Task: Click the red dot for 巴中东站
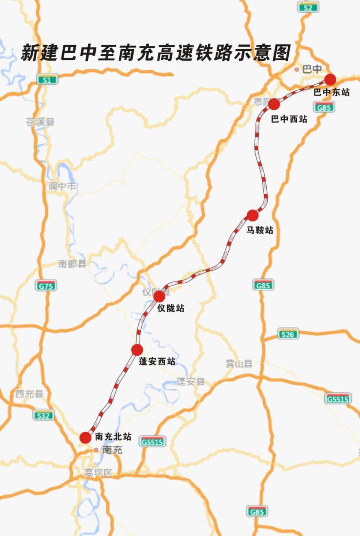(x=330, y=80)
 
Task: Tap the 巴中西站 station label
(x=289, y=119)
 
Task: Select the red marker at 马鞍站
(x=252, y=216)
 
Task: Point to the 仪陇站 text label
(x=171, y=308)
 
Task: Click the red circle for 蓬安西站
(x=137, y=350)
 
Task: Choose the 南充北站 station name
(x=113, y=437)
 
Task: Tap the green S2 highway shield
(x=308, y=7)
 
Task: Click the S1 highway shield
(x=47, y=79)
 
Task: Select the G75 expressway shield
(x=46, y=286)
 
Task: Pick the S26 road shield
(x=288, y=334)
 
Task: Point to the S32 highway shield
(x=43, y=415)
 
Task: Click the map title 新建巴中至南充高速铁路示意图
(x=156, y=53)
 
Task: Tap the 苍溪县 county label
(x=40, y=122)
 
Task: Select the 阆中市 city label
(x=62, y=186)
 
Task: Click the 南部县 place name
(x=72, y=264)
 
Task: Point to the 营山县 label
(x=239, y=364)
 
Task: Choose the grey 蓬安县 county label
(x=191, y=382)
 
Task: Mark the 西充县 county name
(x=29, y=394)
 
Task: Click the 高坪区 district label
(x=98, y=473)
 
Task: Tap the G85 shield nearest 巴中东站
(x=324, y=108)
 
